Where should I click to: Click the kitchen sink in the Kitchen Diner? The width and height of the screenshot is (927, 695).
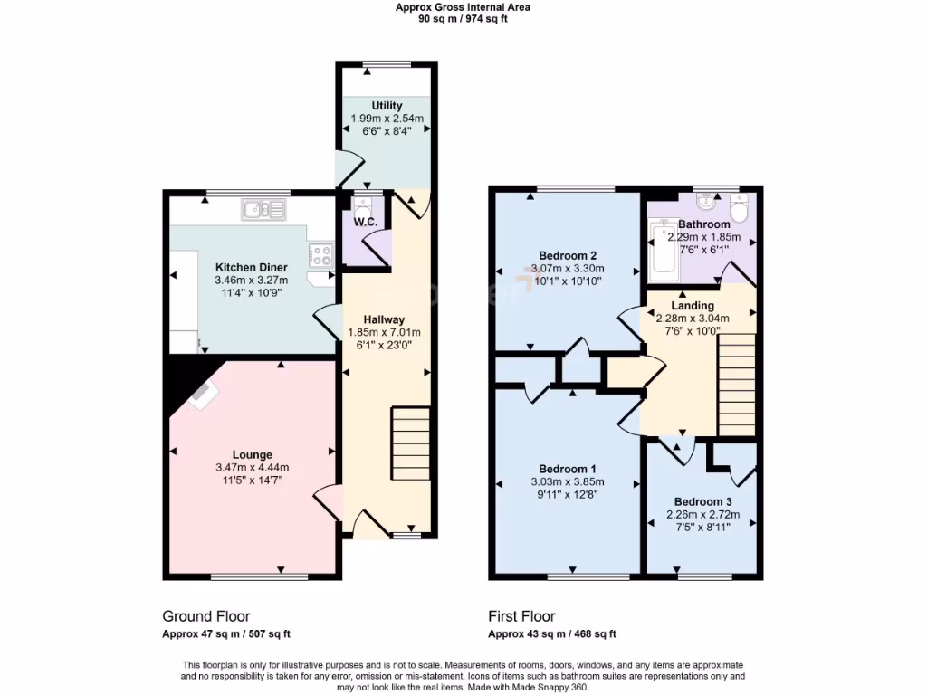pos(263,210)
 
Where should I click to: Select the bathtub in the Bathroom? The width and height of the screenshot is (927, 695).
pos(664,251)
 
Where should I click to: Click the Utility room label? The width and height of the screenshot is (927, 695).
pos(387,107)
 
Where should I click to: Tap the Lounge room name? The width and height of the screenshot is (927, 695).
pos(252,454)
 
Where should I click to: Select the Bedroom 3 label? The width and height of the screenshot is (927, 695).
pos(702,501)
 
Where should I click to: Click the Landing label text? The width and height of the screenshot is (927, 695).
pos(693,306)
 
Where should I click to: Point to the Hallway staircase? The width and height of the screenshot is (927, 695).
pos(411,443)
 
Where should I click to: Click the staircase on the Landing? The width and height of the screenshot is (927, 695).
pos(736,384)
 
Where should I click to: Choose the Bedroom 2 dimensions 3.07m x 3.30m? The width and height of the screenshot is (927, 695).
pos(568,269)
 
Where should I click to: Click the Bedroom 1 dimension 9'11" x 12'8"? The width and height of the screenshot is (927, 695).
pos(568,494)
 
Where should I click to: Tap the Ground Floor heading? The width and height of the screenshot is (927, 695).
pos(206,616)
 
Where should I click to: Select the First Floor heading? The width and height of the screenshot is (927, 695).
pos(522,616)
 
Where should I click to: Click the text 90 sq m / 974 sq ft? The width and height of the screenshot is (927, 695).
pos(463,19)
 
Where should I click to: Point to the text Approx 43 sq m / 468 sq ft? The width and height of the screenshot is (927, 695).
pos(552,634)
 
